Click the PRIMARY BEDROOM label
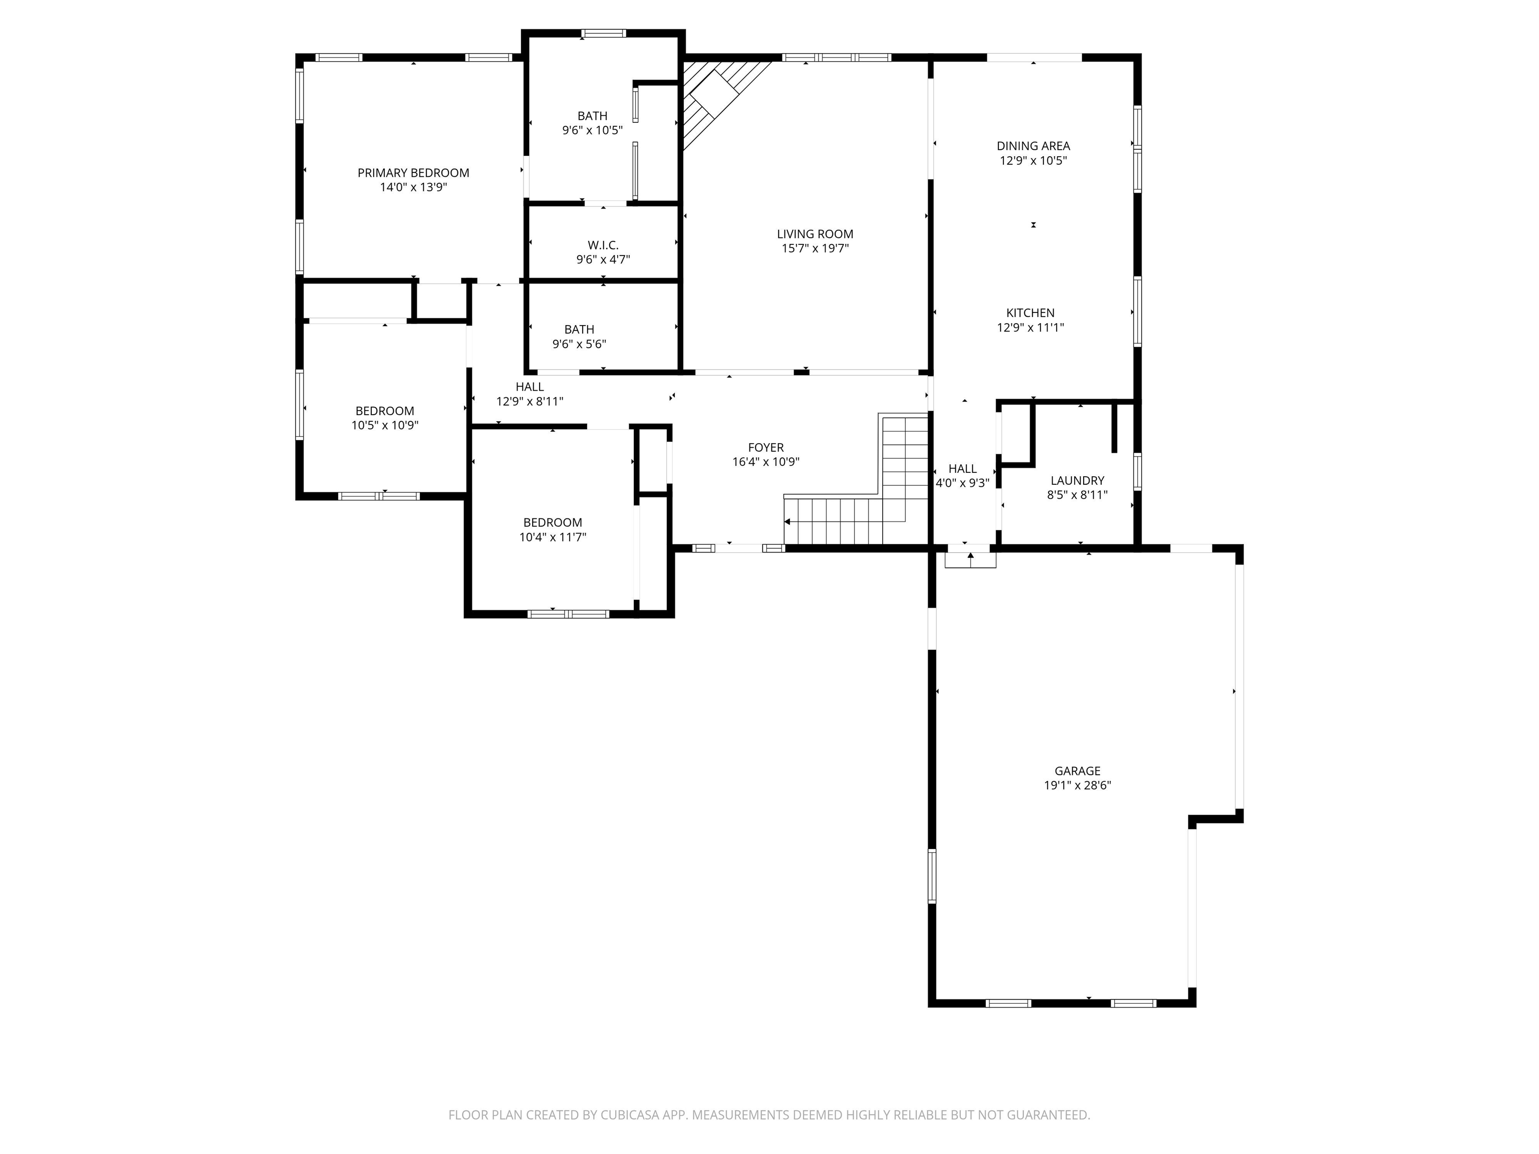pyautogui.click(x=413, y=172)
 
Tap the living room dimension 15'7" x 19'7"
pyautogui.click(x=815, y=248)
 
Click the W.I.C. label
pyautogui.click(x=603, y=245)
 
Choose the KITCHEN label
pyautogui.click(x=1031, y=313)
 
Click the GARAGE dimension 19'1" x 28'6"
pyautogui.click(x=1077, y=785)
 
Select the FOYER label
pyautogui.click(x=766, y=447)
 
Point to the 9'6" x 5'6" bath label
pyautogui.click(x=579, y=330)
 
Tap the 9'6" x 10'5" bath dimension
pyautogui.click(x=592, y=130)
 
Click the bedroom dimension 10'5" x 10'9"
pyautogui.click(x=385, y=425)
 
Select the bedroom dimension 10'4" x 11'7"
pyautogui.click(x=553, y=537)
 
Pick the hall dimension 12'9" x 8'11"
pyautogui.click(x=530, y=401)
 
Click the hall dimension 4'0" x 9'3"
pyautogui.click(x=962, y=483)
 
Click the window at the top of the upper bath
pyautogui.click(x=603, y=33)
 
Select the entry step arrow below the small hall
pyautogui.click(x=970, y=556)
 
